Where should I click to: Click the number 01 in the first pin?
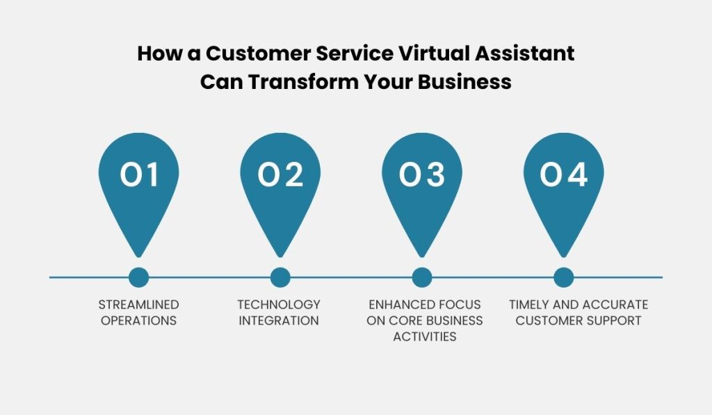coord(139,174)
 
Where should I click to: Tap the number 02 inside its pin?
coord(280,174)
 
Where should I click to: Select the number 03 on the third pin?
coord(422,174)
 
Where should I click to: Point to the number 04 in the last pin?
coord(563,174)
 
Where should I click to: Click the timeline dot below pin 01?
coord(138,277)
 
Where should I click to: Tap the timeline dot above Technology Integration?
coord(280,277)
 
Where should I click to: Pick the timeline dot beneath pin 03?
coord(422,277)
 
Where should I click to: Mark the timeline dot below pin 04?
coord(563,277)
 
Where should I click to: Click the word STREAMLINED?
coord(139,304)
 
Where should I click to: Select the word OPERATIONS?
coord(139,320)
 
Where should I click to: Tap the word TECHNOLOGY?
coord(279,304)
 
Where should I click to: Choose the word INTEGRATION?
coord(279,320)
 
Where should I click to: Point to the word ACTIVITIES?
coord(425,336)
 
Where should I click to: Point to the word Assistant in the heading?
coord(524,53)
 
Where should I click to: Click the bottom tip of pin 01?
coord(138,257)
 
